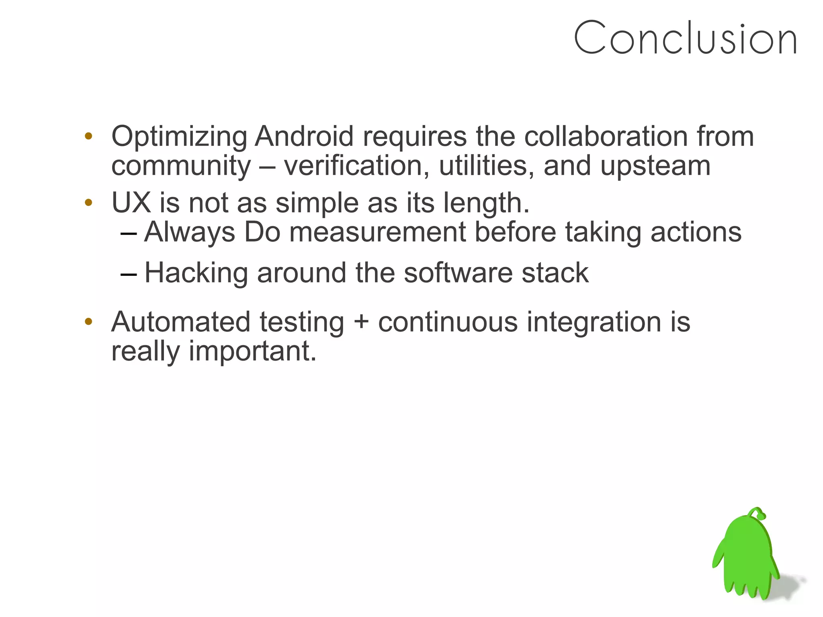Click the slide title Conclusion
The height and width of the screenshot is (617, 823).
click(x=685, y=38)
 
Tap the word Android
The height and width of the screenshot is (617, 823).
click(x=304, y=137)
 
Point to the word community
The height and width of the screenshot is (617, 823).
click(x=181, y=166)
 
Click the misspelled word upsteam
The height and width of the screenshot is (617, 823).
click(x=655, y=166)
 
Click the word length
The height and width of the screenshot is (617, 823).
click(x=486, y=203)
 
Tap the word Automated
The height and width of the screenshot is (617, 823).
click(x=181, y=322)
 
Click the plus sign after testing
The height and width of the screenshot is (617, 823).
click(x=361, y=322)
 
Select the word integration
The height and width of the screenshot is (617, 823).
click(x=594, y=322)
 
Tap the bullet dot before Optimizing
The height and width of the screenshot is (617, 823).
click(x=88, y=136)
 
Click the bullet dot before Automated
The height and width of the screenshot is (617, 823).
click(x=88, y=322)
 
